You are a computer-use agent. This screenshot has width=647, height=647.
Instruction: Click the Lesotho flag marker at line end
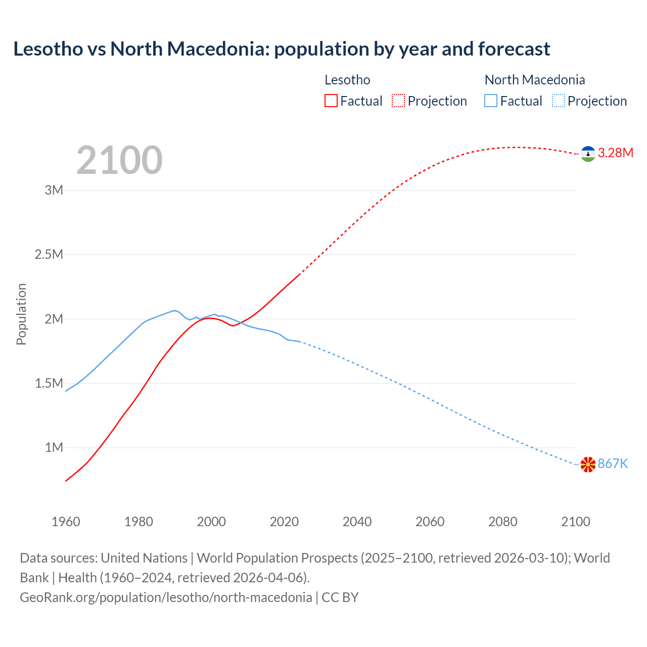click(x=588, y=154)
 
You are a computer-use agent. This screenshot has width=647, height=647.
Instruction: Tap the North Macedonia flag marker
click(x=588, y=465)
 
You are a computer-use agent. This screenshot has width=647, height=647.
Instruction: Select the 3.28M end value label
click(x=615, y=153)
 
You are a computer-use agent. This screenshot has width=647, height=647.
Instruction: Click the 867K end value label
click(x=613, y=464)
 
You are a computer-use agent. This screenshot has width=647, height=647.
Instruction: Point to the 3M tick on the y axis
click(x=54, y=191)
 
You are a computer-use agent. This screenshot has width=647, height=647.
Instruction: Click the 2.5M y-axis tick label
click(x=49, y=255)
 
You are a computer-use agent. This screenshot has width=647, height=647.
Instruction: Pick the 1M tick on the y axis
click(x=54, y=448)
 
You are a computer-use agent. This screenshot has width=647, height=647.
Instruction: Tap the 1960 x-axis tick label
click(x=66, y=522)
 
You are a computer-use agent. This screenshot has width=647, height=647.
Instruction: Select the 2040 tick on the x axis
click(x=357, y=522)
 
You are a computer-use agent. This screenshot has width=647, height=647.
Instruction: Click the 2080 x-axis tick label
click(x=502, y=522)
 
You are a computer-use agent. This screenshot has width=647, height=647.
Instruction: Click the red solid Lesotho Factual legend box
click(x=331, y=101)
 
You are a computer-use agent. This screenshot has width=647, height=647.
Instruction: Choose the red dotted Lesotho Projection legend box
click(x=398, y=101)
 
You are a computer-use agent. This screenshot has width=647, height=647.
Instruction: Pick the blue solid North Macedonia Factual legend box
click(x=491, y=101)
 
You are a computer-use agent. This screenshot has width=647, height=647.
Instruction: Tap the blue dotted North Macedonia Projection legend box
click(x=558, y=101)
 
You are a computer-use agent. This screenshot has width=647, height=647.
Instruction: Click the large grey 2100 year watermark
click(x=119, y=160)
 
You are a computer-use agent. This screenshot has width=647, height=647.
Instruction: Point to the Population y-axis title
click(x=21, y=314)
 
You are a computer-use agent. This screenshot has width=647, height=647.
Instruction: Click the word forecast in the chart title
click(x=514, y=49)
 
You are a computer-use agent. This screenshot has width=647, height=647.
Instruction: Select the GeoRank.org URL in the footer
click(x=166, y=597)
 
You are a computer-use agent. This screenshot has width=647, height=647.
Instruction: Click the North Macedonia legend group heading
click(x=534, y=80)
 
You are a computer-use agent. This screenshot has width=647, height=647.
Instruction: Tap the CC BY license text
click(x=340, y=597)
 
